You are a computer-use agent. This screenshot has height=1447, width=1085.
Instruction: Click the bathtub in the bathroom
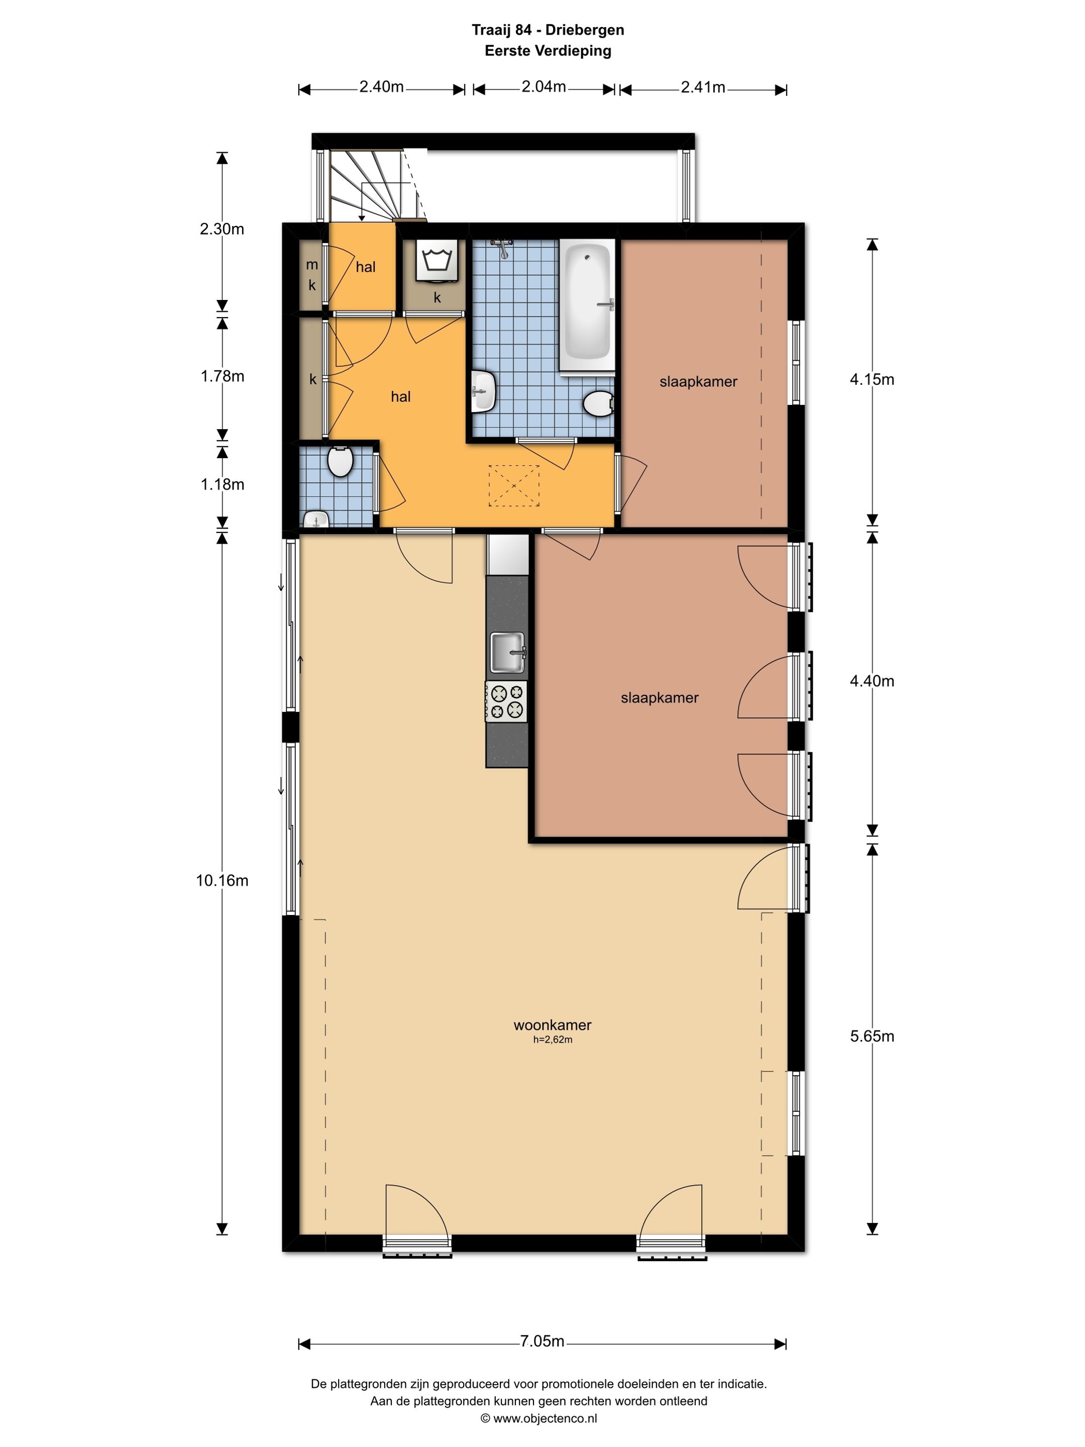point(587,305)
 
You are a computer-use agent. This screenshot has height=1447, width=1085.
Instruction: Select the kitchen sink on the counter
point(507,652)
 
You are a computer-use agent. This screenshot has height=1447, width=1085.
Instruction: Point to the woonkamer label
point(553,1025)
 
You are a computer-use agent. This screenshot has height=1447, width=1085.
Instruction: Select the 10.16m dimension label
point(223,880)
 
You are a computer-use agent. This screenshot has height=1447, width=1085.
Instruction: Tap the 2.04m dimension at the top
point(544,87)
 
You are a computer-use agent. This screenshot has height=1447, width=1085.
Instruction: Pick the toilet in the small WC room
point(340,461)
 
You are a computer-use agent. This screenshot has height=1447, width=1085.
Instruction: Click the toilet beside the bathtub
point(598,403)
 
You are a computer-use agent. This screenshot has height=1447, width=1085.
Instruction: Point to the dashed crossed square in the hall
point(514,485)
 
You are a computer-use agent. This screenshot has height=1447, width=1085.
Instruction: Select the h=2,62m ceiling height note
point(553,1040)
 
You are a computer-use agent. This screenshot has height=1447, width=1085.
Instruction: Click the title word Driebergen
point(585,30)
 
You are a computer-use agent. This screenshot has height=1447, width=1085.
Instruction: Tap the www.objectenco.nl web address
point(545,1418)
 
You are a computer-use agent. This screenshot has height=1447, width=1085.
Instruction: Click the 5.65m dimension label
point(872,1036)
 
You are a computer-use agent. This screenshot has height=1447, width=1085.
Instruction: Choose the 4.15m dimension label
point(872,379)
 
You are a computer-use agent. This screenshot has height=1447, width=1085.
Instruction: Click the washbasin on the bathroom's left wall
point(483,391)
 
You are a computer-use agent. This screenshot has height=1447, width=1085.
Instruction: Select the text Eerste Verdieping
point(548,51)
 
